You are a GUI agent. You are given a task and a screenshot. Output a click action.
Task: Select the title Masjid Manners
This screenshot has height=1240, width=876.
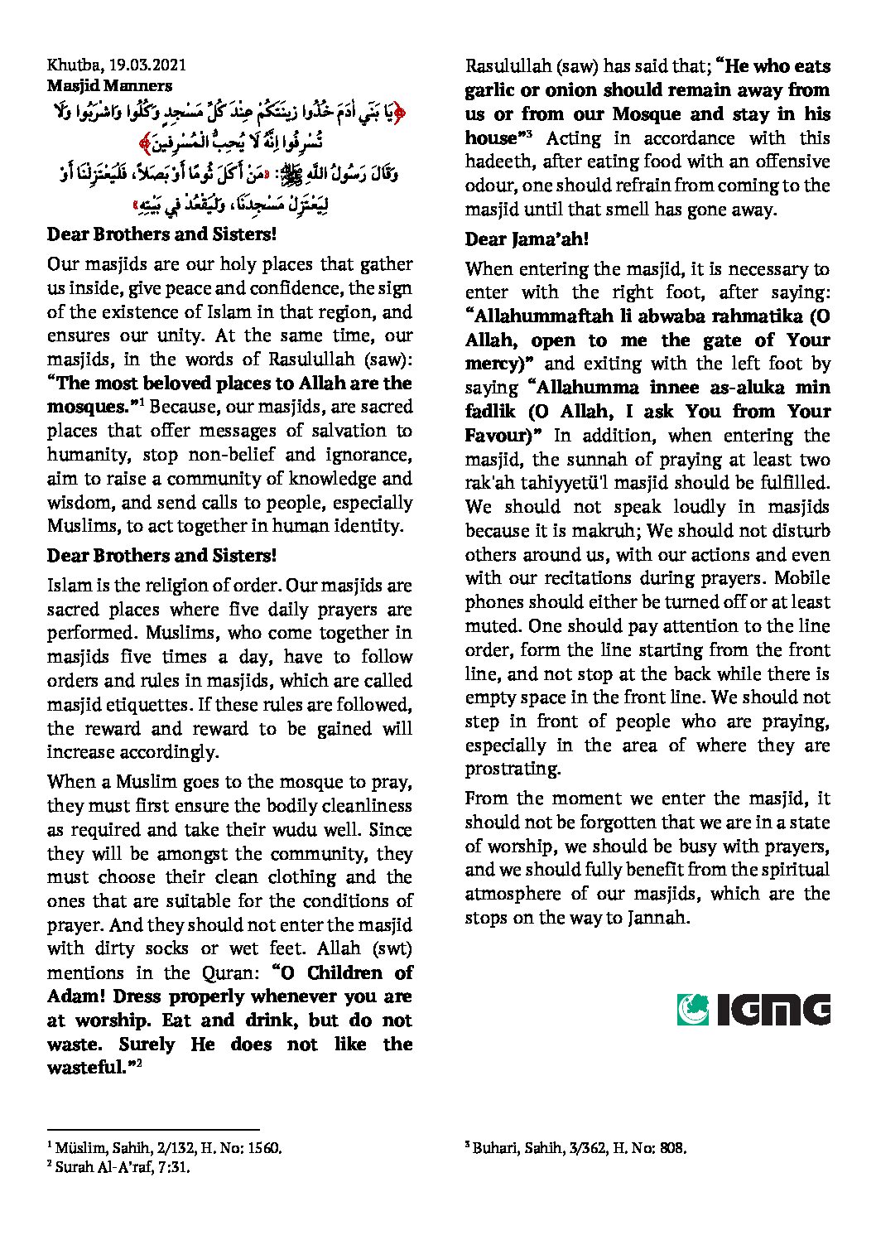click(x=109, y=85)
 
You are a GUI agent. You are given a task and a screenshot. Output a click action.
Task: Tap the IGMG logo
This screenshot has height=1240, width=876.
click(x=753, y=1009)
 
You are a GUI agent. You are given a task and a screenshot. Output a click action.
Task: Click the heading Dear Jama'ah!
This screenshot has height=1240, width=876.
click(x=527, y=239)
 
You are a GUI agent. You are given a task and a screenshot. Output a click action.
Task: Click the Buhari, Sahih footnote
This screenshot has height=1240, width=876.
click(x=578, y=1148)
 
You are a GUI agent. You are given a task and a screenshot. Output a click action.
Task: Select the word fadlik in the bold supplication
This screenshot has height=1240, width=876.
click(x=490, y=412)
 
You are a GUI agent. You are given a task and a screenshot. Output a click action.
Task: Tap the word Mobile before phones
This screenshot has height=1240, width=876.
click(x=801, y=578)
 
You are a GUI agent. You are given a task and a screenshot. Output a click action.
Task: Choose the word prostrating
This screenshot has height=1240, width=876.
click(x=513, y=769)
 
